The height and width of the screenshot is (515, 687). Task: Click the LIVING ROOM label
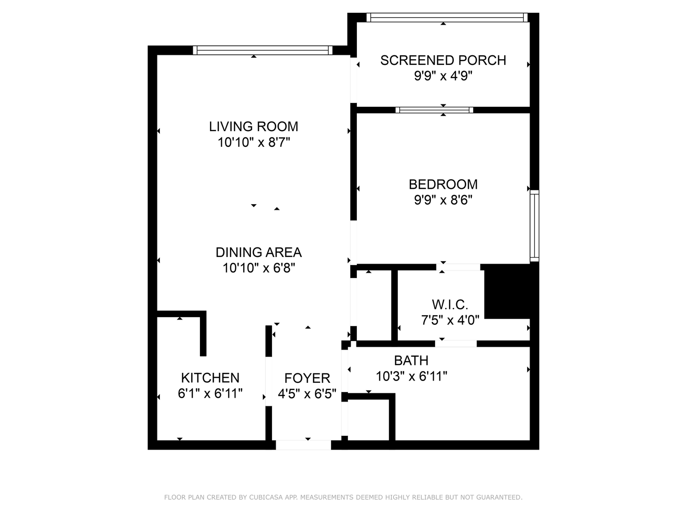point(253,126)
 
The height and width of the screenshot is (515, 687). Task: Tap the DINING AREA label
point(259,252)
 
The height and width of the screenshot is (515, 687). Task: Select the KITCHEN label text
point(210,378)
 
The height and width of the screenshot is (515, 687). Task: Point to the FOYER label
point(307,378)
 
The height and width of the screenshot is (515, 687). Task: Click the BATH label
point(411,360)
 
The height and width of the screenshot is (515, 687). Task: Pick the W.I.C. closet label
point(450,304)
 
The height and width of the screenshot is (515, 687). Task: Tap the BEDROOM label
point(443,184)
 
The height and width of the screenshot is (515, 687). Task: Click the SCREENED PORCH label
point(443,60)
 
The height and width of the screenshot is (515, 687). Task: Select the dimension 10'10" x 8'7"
point(253,142)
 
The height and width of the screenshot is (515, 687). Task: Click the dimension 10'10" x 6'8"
point(259,268)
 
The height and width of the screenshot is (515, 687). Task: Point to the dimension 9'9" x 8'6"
point(443,200)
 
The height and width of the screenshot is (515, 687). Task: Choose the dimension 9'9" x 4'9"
point(443,76)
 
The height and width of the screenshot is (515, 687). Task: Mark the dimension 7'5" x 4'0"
point(450,320)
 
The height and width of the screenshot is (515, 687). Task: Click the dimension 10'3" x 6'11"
point(411,376)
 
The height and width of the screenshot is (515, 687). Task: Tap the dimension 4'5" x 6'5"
point(307,394)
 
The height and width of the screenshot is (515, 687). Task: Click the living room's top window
point(262,50)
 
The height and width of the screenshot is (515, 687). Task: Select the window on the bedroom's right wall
point(534,226)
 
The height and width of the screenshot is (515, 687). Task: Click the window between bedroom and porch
point(434,110)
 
